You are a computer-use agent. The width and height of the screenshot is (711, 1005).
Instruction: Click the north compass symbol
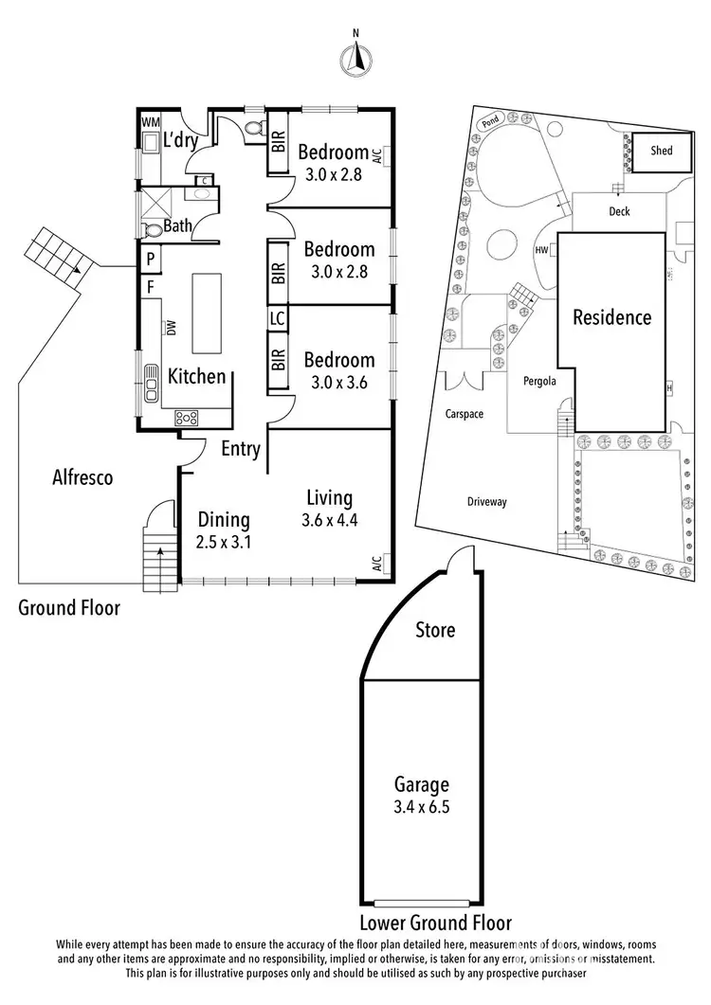(x=356, y=59)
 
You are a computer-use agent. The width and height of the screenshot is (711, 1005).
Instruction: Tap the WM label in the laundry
(x=150, y=123)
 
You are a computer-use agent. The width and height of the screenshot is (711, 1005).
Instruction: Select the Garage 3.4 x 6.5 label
(x=422, y=796)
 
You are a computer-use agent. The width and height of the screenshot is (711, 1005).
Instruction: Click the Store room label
(x=435, y=630)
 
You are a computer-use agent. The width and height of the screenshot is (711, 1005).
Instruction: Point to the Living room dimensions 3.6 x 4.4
(x=329, y=519)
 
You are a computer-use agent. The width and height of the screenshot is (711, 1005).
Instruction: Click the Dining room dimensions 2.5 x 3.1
(x=224, y=543)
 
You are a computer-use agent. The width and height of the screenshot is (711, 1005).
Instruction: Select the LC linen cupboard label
(x=278, y=319)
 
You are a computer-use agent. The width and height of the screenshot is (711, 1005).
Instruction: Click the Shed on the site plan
(x=662, y=151)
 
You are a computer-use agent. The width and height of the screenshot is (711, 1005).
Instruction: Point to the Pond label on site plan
(x=490, y=121)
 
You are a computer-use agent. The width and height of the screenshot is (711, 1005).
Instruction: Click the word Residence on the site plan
(x=611, y=317)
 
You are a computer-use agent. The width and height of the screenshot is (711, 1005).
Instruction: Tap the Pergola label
(x=538, y=382)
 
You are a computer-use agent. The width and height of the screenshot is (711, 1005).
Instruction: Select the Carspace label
(x=465, y=414)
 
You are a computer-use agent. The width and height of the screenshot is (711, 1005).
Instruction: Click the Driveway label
(x=486, y=502)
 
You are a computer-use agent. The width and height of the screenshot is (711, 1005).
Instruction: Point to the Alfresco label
(x=82, y=478)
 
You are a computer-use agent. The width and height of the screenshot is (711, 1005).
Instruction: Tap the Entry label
(x=241, y=449)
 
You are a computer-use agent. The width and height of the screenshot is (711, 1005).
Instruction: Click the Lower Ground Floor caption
(x=435, y=923)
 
